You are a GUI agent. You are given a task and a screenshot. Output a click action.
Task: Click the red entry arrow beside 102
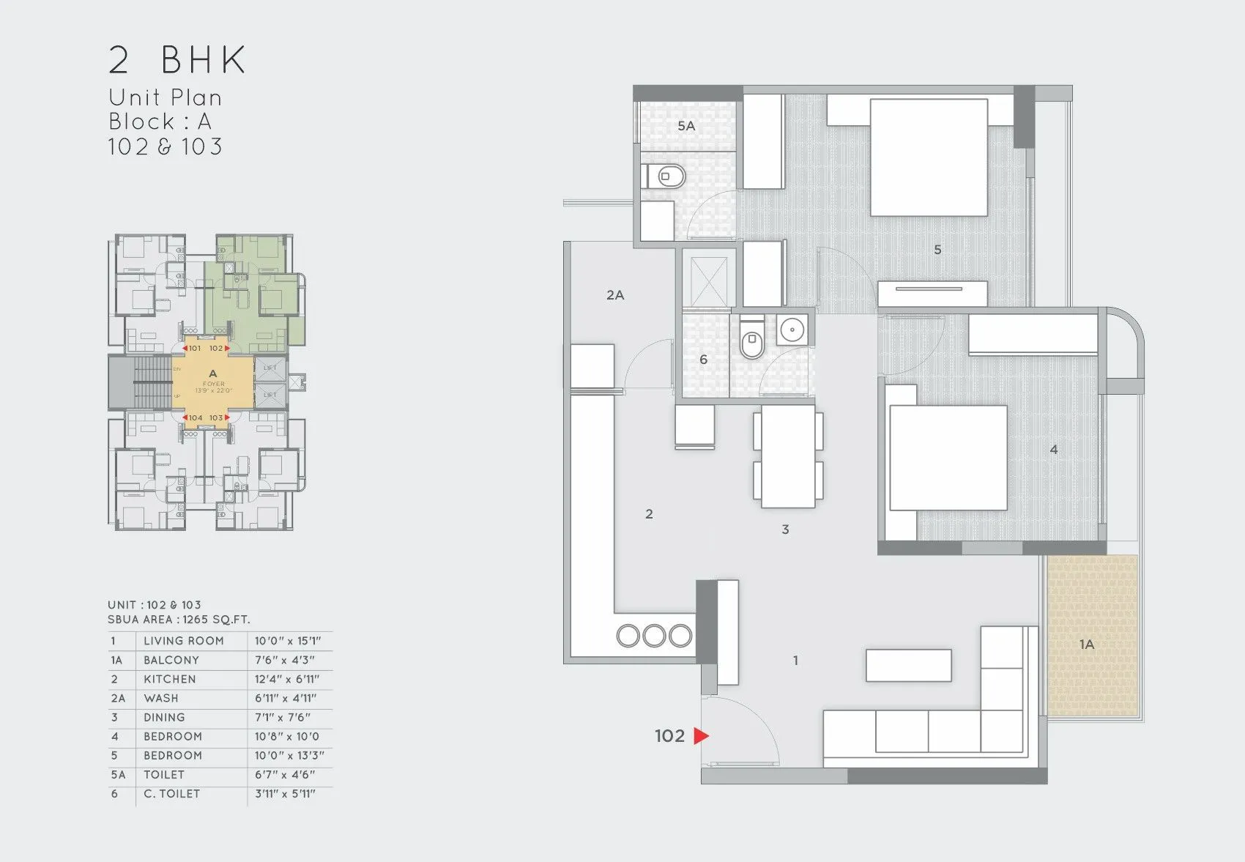click(701, 735)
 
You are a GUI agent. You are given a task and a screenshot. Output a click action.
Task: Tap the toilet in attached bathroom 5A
click(666, 177)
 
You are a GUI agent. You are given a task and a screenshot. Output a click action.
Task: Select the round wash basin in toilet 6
click(792, 330)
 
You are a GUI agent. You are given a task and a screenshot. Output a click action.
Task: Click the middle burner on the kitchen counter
click(654, 636)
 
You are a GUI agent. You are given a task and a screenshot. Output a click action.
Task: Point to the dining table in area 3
click(788, 456)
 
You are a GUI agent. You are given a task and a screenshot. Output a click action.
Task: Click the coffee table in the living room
click(908, 665)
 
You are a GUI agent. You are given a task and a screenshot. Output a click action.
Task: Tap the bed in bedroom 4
click(948, 458)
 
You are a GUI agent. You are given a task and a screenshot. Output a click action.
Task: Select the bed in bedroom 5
click(929, 157)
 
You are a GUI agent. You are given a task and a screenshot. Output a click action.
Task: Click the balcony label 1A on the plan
click(1086, 644)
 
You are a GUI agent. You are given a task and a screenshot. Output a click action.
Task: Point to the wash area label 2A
click(615, 295)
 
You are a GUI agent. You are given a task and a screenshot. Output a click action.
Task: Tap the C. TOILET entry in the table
click(171, 794)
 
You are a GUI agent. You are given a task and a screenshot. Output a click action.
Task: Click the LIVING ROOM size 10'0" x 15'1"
click(288, 641)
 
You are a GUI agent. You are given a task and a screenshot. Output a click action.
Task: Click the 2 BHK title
click(177, 60)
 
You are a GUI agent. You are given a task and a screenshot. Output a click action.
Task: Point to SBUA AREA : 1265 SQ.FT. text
click(179, 620)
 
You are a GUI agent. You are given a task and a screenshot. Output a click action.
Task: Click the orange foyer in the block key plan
click(212, 383)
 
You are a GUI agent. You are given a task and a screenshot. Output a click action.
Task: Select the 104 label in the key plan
click(195, 418)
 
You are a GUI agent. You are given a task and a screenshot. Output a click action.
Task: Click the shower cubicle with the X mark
click(709, 278)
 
